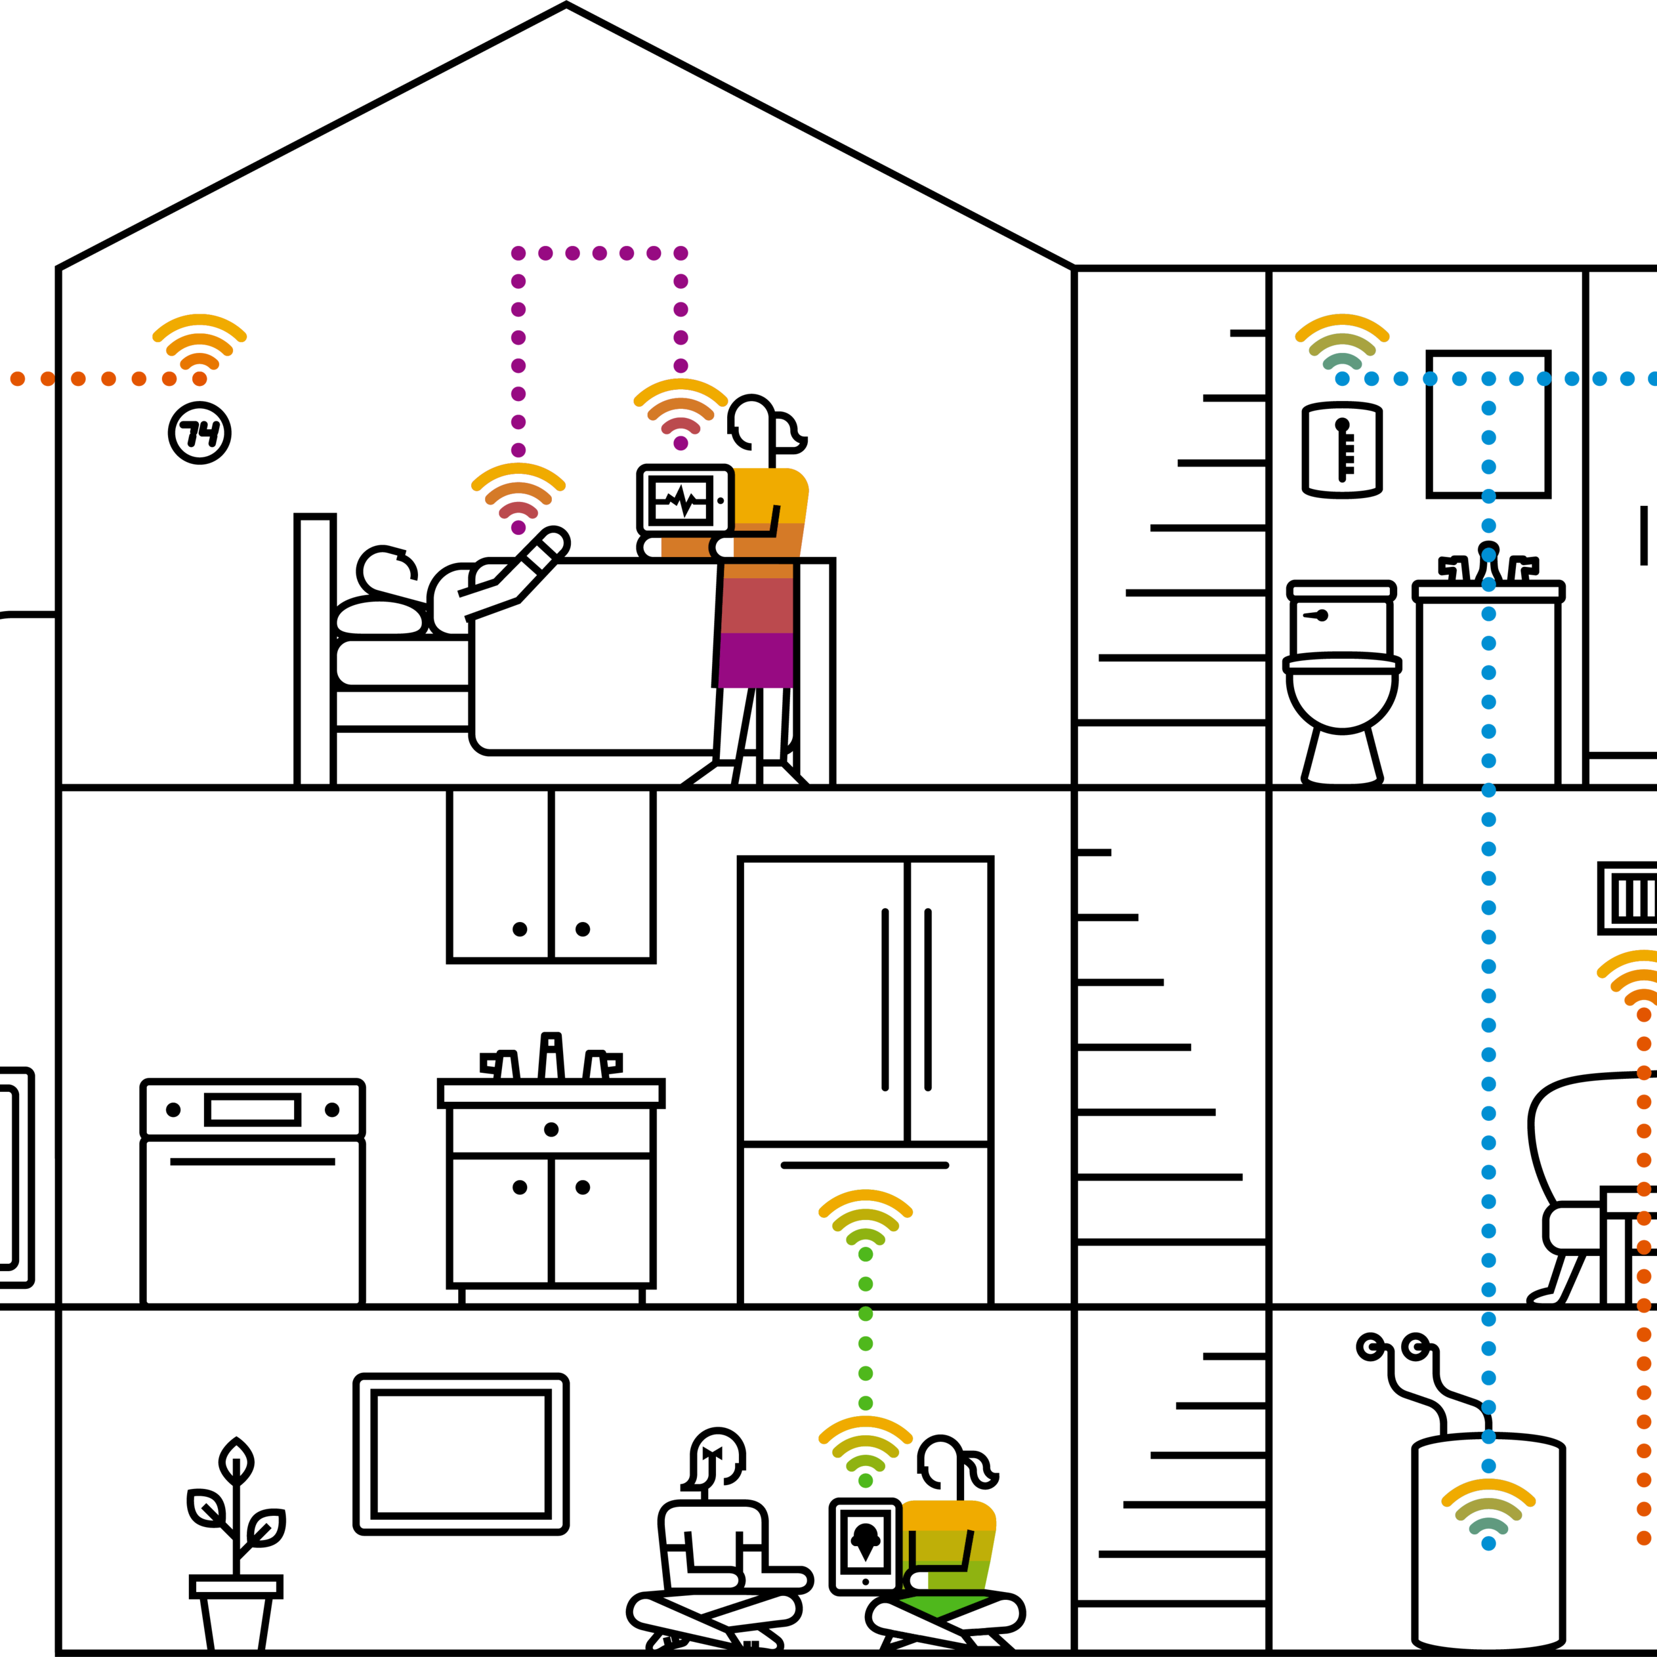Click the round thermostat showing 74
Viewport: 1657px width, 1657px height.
point(200,433)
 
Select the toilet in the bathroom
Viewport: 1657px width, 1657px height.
point(1342,682)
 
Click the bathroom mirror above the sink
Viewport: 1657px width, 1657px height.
point(1489,424)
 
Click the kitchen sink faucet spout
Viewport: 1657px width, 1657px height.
point(551,1056)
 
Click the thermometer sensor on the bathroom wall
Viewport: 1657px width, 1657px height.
point(1342,450)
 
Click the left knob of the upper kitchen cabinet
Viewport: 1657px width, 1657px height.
point(520,929)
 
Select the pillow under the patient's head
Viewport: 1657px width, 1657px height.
point(380,618)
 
